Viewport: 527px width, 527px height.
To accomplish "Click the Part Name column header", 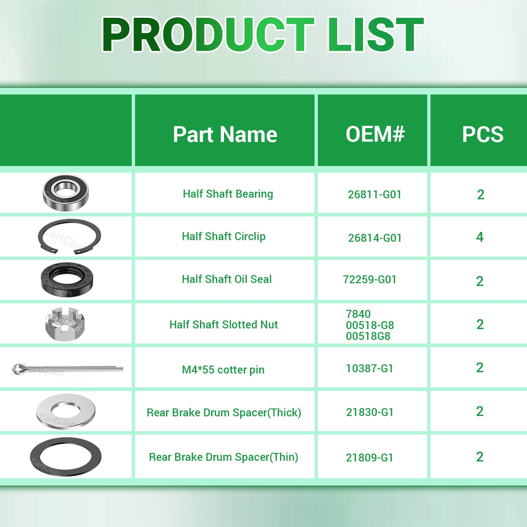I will coord(225,134).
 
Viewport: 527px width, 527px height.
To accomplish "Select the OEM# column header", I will coord(375,134).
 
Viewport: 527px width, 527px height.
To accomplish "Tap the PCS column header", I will coord(483,134).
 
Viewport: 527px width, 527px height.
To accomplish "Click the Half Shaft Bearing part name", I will coord(228,194).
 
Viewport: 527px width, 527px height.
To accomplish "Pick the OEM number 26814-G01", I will coord(375,238).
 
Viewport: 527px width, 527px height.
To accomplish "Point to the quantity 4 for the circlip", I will coord(480,237).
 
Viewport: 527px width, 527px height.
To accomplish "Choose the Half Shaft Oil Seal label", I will coord(227,279).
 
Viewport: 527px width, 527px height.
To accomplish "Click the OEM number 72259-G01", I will coord(370,280).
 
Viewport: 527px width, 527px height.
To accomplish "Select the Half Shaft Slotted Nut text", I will coord(223,325).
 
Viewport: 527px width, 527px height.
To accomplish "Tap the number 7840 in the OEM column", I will coord(358,314).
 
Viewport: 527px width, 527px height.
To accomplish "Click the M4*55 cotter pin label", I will coord(223,370).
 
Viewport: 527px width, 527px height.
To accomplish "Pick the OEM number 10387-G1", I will coord(370,368).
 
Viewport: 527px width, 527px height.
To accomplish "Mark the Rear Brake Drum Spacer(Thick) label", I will coord(224,413).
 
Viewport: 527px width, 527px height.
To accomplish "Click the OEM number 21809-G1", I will coord(370,458).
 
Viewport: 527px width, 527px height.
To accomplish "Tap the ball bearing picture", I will coord(66,193).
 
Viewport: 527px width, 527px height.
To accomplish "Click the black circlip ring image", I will coord(69,236).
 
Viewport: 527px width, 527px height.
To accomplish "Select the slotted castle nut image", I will coord(65,324).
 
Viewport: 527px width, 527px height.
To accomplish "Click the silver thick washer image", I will coord(66,411).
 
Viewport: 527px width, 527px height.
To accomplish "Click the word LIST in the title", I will coord(375,35).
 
